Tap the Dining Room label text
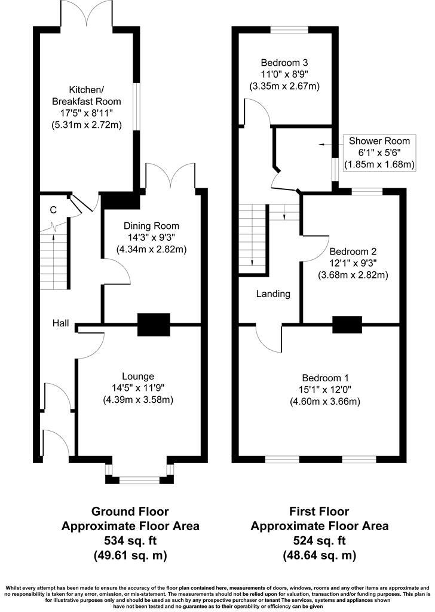(151, 226)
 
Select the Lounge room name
(138, 377)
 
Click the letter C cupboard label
(53, 210)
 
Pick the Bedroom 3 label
(284, 62)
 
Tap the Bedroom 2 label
(353, 252)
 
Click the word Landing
(273, 294)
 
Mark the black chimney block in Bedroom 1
(347, 325)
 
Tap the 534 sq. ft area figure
(130, 541)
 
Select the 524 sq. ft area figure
(319, 541)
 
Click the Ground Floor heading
(130, 512)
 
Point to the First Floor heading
(319, 512)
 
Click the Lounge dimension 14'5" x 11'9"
(138, 388)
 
